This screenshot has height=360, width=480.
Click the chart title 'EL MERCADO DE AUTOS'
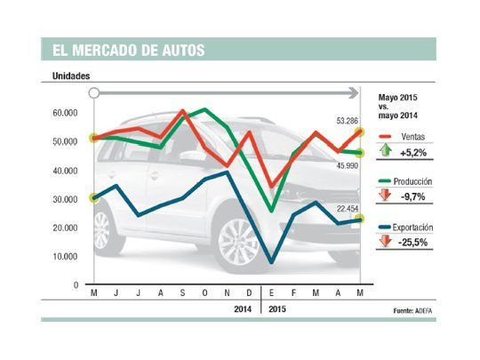(x=124, y=50)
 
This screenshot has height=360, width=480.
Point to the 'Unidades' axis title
(x=71, y=77)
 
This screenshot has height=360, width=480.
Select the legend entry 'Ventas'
(x=416, y=137)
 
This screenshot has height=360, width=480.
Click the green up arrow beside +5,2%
(x=385, y=153)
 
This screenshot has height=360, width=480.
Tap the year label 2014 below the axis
(x=241, y=309)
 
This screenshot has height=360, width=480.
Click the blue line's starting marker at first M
(x=94, y=197)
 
